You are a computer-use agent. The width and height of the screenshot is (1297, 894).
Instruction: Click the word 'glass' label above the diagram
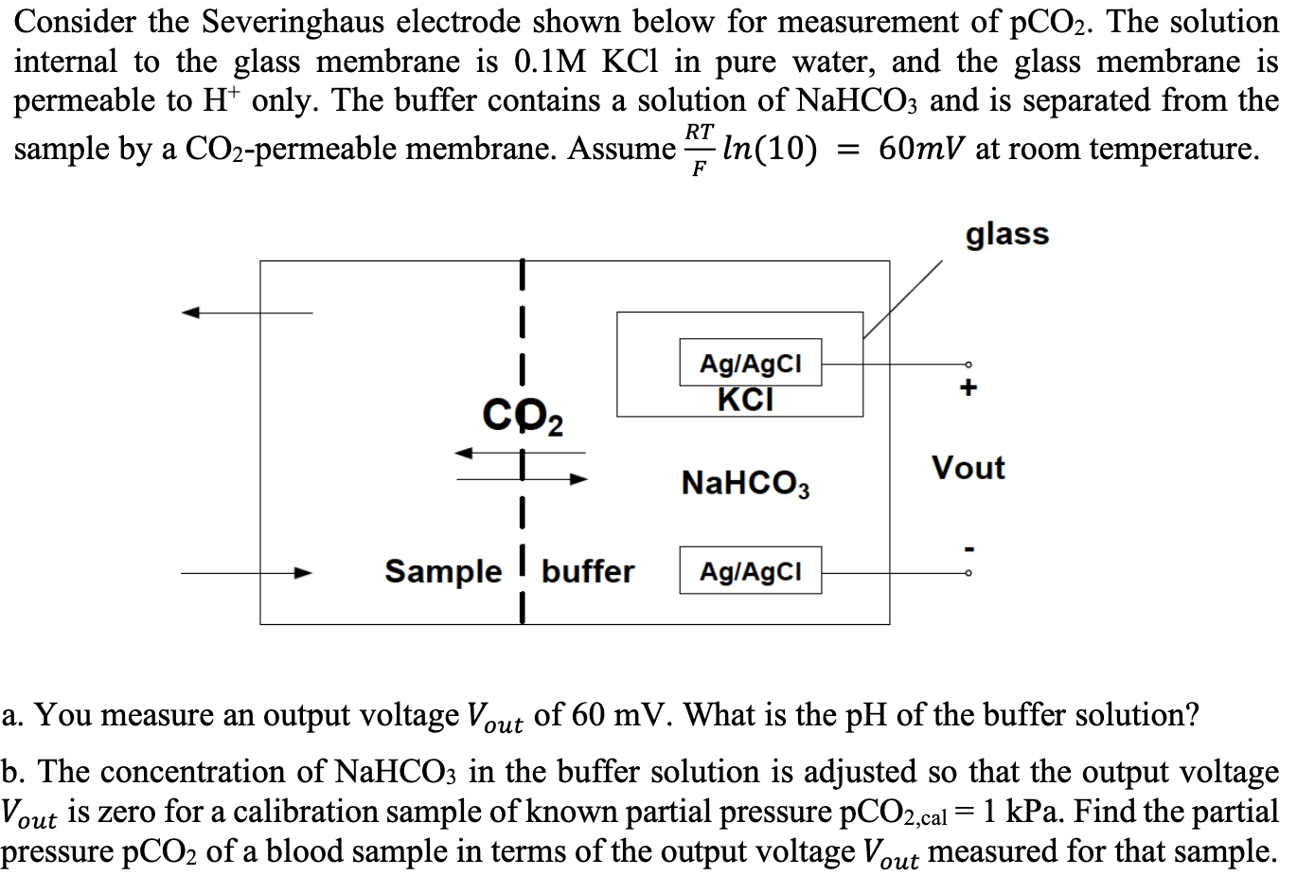[x=1006, y=233]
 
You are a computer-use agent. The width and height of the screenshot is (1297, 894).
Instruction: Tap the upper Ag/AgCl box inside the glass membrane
[x=750, y=363]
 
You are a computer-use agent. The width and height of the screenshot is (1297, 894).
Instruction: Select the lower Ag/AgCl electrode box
[x=750, y=571]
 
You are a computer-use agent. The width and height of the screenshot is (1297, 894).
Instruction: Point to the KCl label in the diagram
[x=745, y=400]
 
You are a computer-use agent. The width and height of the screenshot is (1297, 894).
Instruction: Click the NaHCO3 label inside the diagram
[x=745, y=484]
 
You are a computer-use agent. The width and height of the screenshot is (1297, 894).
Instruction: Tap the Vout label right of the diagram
[x=968, y=468]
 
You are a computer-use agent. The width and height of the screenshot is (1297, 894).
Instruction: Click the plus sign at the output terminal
[x=968, y=388]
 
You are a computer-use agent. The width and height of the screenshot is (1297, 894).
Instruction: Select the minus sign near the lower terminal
[x=968, y=546]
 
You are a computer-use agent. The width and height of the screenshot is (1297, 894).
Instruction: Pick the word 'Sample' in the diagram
[x=442, y=571]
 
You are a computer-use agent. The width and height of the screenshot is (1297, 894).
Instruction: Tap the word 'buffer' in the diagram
[x=588, y=571]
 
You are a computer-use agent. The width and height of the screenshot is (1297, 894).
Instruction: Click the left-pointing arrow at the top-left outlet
[x=193, y=313]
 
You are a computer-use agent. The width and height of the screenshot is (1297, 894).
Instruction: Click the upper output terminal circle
[x=968, y=364]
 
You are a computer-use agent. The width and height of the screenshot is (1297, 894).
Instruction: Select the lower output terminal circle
[x=968, y=572]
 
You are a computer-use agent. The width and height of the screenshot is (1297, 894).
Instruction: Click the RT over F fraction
[x=699, y=150]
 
